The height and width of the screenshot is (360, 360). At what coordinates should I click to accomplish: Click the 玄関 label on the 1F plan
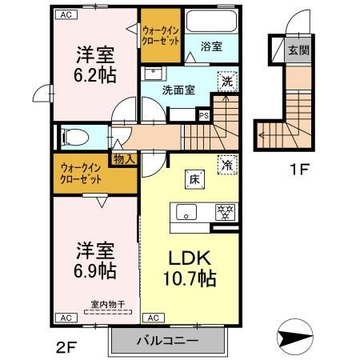[x=298, y=50]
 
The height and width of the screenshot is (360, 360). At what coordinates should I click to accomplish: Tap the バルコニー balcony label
[x=165, y=341]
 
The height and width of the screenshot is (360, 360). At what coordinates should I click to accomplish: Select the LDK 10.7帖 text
[x=190, y=270]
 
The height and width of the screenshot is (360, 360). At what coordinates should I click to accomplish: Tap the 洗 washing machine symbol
[x=228, y=82]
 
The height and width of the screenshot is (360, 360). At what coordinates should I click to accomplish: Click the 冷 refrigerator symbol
[x=228, y=164]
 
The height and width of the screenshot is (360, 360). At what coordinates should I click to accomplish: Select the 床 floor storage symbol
[x=194, y=178]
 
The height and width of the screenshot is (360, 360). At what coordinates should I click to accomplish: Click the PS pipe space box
[x=203, y=114]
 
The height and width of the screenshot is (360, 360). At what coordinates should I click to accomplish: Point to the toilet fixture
[x=70, y=137]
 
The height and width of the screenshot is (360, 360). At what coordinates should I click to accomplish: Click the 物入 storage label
[x=125, y=158]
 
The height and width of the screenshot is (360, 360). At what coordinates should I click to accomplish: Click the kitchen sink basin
[x=187, y=213]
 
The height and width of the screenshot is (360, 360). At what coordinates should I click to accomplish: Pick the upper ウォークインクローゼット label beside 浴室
[x=160, y=35]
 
